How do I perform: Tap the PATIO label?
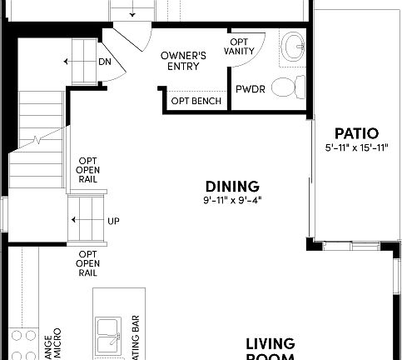[x=356, y=133]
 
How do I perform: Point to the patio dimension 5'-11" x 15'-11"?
[x=356, y=147]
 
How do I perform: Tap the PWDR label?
[x=250, y=88]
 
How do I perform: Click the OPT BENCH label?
[x=196, y=102]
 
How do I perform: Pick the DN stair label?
[x=105, y=62]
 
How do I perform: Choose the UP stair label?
[x=113, y=221]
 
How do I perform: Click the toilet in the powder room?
[x=286, y=86]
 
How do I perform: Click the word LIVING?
[x=270, y=343]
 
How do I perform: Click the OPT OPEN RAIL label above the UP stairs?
[x=88, y=170]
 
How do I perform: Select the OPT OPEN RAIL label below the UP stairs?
[x=88, y=262]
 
